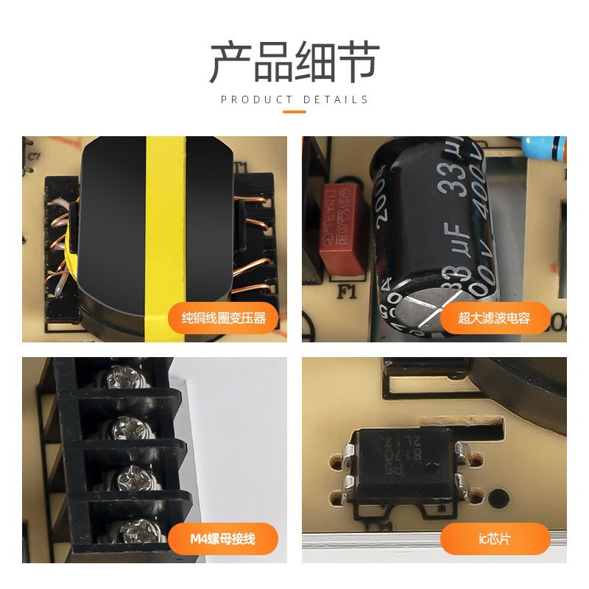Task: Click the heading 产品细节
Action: pos(294,62)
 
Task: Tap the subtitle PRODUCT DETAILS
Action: pos(294,99)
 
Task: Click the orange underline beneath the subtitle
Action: pos(294,112)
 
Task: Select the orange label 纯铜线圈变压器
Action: pos(224,319)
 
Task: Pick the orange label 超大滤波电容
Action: pos(494,319)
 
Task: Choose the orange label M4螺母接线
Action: pos(223,539)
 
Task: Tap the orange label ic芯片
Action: pos(495,539)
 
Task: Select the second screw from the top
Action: pos(124,428)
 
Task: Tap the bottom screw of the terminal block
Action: pos(135,529)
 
